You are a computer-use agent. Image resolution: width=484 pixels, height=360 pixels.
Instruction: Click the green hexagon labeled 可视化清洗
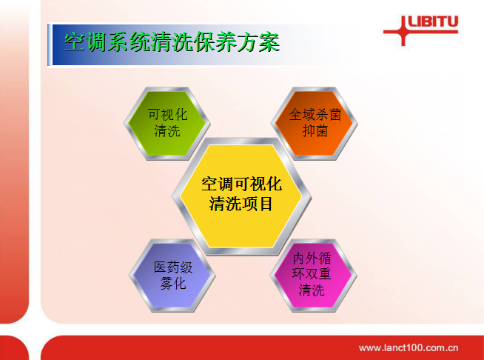pyautogui.click(x=167, y=123)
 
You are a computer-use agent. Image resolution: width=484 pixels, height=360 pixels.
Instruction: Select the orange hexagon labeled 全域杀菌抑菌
pyautogui.click(x=315, y=123)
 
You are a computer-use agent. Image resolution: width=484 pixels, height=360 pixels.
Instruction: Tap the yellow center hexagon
pyautogui.click(x=241, y=196)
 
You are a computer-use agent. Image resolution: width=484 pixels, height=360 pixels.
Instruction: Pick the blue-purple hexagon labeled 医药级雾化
pyautogui.click(x=172, y=276)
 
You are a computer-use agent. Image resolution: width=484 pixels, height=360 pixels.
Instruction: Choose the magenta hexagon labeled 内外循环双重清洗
pyautogui.click(x=313, y=276)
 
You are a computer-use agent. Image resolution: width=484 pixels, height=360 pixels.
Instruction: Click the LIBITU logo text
pyautogui.click(x=433, y=22)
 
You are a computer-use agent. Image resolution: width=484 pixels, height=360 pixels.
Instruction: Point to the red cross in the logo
pyautogui.click(x=403, y=31)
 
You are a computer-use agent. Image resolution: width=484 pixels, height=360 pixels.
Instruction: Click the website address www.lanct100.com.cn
pyautogui.click(x=409, y=348)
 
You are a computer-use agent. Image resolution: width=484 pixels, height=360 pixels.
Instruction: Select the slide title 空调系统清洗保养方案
pyautogui.click(x=172, y=42)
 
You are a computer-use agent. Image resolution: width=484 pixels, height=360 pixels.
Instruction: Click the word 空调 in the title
pyautogui.click(x=86, y=42)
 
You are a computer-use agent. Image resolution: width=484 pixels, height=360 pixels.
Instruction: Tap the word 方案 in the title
pyautogui.click(x=259, y=42)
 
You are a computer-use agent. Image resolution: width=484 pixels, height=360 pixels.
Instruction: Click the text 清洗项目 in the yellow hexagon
pyautogui.click(x=241, y=204)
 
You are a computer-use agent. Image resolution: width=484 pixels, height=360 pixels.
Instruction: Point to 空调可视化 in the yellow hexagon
pyautogui.click(x=241, y=184)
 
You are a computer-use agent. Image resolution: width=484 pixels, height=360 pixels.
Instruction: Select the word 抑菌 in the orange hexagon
pyautogui.click(x=315, y=131)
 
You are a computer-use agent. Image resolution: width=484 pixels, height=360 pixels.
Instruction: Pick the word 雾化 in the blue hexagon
pyautogui.click(x=173, y=284)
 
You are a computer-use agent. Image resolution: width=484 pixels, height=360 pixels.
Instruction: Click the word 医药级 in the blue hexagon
pyautogui.click(x=173, y=267)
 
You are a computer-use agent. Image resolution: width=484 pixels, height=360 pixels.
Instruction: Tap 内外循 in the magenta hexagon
pyautogui.click(x=312, y=258)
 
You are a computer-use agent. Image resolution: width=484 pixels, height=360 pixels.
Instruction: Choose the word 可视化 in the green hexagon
pyautogui.click(x=167, y=115)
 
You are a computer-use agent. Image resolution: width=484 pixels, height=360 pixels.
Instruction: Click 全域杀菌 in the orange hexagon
pyautogui.click(x=315, y=115)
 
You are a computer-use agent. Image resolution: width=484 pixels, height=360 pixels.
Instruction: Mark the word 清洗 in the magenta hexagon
pyautogui.click(x=312, y=290)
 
